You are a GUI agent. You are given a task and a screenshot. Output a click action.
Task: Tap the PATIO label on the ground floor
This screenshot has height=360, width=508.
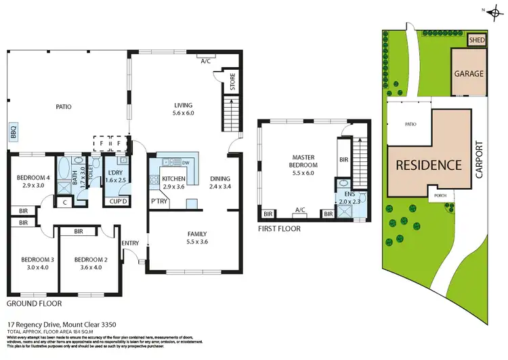coord(64,106)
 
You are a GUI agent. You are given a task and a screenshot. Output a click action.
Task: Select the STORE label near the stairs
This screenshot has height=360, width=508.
coord(231,86)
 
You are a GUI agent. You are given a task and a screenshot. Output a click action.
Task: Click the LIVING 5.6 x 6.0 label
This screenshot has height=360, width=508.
coord(184,109)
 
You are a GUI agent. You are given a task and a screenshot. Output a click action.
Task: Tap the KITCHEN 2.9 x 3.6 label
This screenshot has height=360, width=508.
coord(173,182)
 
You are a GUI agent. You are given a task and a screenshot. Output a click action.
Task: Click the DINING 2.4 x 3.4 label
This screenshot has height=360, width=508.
coord(220,182)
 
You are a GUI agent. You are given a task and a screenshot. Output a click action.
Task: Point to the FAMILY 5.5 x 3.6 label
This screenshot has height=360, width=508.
coord(197,238)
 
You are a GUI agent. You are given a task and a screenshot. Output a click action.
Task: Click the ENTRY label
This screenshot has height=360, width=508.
coord(130,243)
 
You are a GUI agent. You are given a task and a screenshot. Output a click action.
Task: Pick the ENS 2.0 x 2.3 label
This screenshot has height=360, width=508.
coord(350,198)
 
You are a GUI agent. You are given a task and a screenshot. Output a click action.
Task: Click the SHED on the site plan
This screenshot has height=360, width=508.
coord(478,41)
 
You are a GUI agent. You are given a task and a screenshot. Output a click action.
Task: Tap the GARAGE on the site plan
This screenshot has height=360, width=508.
coord(469,73)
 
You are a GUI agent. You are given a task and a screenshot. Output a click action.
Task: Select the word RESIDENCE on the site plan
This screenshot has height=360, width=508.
coord(429,165)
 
